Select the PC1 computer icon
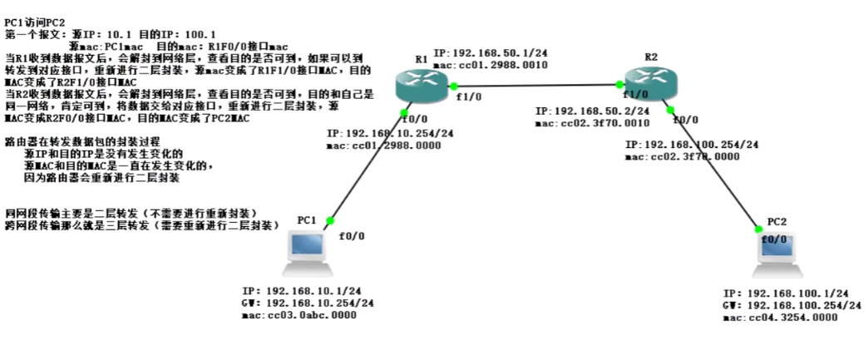click(x=308, y=253)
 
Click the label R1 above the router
click(x=422, y=59)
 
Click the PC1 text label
click(x=307, y=219)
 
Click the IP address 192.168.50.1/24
click(x=490, y=53)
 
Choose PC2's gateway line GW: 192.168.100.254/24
click(x=785, y=306)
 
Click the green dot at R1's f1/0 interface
click(x=455, y=86)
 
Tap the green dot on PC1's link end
click(x=330, y=220)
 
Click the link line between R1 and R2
click(x=540, y=85)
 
